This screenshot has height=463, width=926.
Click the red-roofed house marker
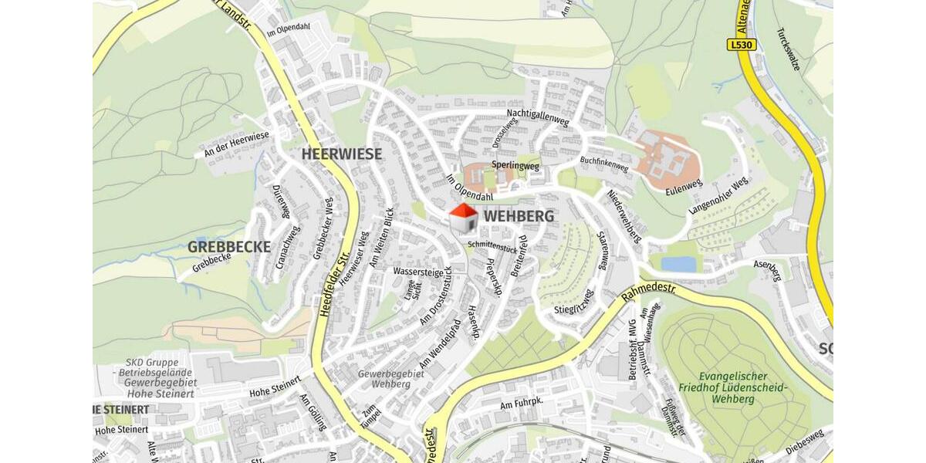(x=463, y=218)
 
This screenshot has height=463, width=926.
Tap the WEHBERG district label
(x=519, y=217)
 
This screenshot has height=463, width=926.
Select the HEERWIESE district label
(x=341, y=154)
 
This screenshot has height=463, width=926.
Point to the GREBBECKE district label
(x=228, y=247)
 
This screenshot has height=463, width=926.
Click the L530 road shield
(x=741, y=45)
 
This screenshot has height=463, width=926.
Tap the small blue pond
(x=678, y=264)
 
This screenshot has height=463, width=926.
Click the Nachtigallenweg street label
(x=538, y=118)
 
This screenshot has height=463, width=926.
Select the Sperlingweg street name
(x=515, y=165)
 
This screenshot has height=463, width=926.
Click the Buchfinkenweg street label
(x=603, y=164)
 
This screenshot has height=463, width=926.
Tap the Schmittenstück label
(x=492, y=246)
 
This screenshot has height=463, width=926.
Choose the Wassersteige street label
(x=418, y=272)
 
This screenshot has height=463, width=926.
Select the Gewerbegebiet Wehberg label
(x=391, y=378)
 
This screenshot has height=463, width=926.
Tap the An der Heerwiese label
(x=236, y=144)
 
